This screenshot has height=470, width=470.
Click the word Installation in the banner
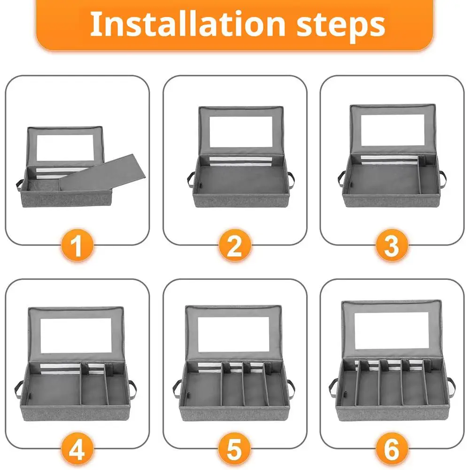(x=188, y=23)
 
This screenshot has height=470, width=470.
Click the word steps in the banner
(x=340, y=26)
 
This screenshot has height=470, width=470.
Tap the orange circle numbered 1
(x=77, y=245)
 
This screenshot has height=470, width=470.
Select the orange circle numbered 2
(x=235, y=245)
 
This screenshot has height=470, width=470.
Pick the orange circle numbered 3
(x=392, y=245)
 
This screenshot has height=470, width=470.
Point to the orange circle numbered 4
(x=77, y=449)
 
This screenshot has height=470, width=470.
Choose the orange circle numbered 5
(x=235, y=449)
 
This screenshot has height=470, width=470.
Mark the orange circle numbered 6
(x=392, y=449)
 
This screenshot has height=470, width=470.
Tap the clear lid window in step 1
(x=65, y=148)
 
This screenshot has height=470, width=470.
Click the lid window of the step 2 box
(x=241, y=131)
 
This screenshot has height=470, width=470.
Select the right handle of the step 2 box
(x=291, y=179)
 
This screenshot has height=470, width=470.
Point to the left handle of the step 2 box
(x=190, y=179)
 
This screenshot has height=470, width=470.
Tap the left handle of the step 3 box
(x=342, y=178)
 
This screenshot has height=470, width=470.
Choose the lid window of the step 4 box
(x=76, y=335)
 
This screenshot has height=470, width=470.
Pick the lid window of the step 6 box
(x=392, y=331)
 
